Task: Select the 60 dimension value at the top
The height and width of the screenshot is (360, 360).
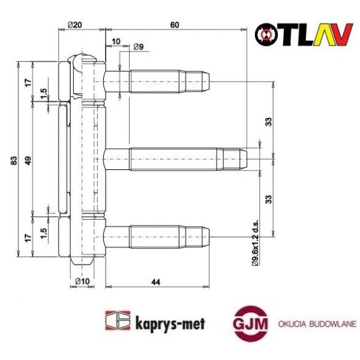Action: tap(175, 25)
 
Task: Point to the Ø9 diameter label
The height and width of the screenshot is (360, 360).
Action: tap(137, 47)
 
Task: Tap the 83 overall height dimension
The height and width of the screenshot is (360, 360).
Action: tap(14, 162)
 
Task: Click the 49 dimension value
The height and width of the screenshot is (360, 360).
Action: tap(28, 162)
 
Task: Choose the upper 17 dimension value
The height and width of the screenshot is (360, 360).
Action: tap(28, 82)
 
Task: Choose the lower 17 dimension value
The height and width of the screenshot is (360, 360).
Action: tap(28, 238)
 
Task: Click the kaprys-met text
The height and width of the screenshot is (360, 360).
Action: tap(170, 323)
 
